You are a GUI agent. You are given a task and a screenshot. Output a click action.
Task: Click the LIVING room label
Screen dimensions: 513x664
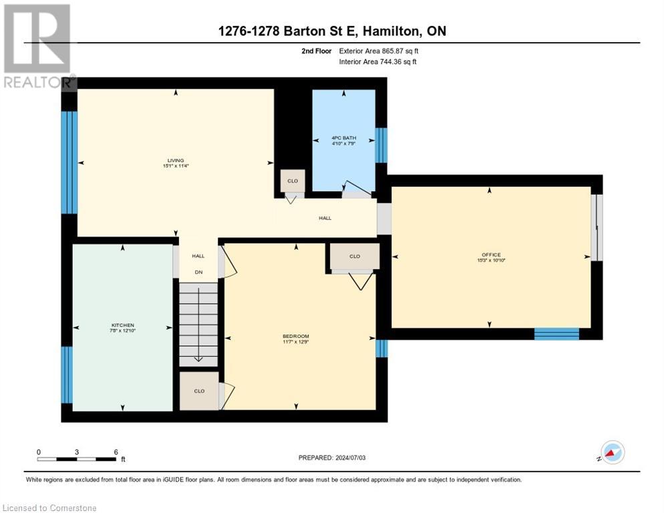coord(176,160)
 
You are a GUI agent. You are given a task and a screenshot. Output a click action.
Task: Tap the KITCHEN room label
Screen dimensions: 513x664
coord(123,325)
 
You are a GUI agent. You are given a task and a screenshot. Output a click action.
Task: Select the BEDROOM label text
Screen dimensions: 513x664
coord(295,336)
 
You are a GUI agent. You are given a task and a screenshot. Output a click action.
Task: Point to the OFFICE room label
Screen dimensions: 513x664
coord(490,254)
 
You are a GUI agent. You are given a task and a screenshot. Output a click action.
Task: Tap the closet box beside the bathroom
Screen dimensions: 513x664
coord(293,180)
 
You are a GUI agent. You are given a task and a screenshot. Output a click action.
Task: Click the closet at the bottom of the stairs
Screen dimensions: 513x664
coord(199,391)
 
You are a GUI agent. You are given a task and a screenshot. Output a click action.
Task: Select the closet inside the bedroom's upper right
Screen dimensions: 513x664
coord(355,256)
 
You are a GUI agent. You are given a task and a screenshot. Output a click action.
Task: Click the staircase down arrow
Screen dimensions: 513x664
coord(198,357)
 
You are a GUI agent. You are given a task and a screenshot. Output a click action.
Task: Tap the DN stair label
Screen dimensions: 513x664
coord(198,272)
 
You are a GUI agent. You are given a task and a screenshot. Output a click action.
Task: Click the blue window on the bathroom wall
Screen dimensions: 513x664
coord(381,145)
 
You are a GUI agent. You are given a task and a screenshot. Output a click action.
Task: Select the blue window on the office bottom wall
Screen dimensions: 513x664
coord(556,333)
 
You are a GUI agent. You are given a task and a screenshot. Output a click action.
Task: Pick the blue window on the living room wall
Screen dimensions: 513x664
coord(69,162)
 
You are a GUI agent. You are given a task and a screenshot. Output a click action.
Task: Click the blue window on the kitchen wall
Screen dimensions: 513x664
coord(67,375)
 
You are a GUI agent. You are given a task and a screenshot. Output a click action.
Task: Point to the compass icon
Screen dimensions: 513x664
coord(612,452)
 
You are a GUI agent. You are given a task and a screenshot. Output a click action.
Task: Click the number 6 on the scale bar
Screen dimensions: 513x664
coord(116,452)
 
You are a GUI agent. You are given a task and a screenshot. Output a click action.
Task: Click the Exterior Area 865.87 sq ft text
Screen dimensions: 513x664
coord(379,51)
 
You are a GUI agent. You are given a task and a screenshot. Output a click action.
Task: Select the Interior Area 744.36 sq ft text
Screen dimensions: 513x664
coord(379,62)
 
